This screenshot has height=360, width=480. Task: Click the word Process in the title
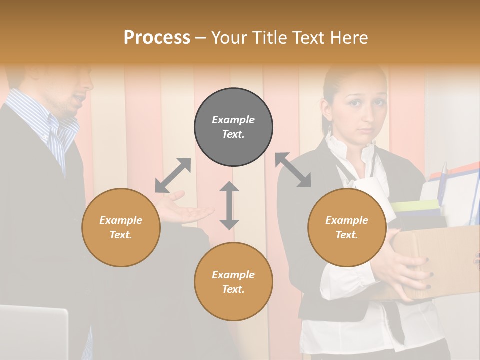[x=157, y=38]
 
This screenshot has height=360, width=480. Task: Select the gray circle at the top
[x=233, y=127]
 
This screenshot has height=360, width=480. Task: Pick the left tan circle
[x=121, y=227]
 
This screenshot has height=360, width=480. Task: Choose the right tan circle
[x=347, y=227]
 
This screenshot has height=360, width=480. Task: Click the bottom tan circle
[x=233, y=282]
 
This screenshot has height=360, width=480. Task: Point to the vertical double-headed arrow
[x=229, y=205]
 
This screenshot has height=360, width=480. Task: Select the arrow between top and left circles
[x=173, y=175]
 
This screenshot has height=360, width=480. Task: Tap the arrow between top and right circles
[x=293, y=170]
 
